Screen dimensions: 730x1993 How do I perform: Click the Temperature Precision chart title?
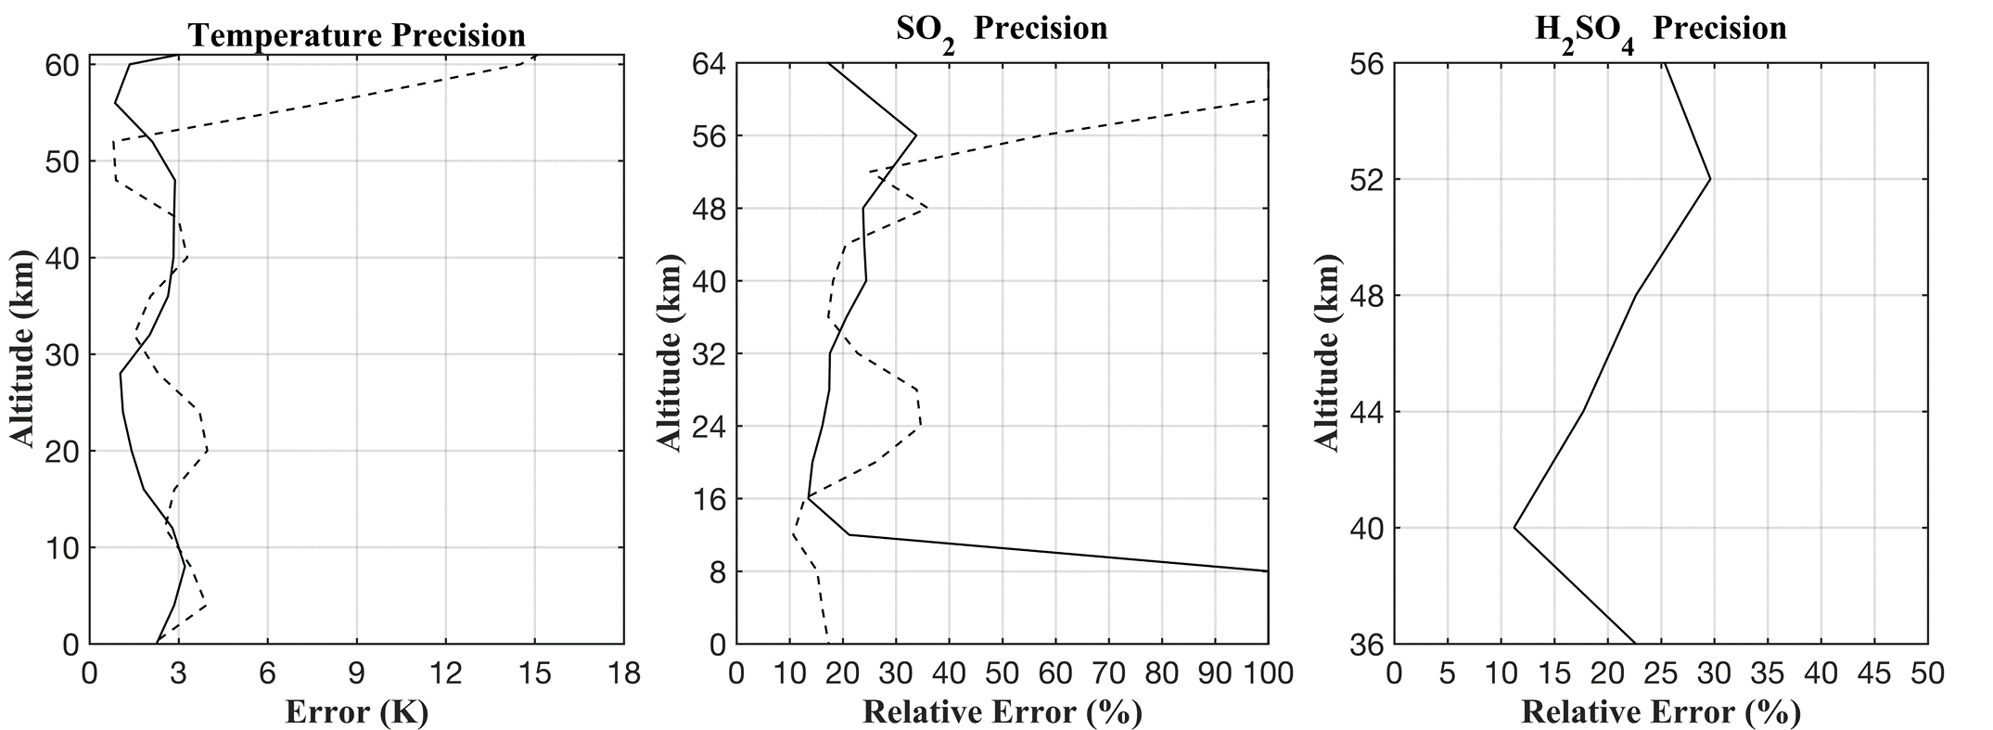356,35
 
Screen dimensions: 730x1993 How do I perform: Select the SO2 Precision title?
1002,30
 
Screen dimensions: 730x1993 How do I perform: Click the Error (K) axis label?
356,711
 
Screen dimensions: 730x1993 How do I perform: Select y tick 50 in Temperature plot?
62,161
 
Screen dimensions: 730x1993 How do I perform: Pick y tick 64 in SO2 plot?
709,64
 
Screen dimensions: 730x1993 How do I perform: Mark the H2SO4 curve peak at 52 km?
1710,179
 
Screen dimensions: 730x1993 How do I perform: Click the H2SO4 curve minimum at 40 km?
1514,528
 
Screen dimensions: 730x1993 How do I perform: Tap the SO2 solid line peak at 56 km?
916,136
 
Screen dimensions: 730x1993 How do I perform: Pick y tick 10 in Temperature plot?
62,547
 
